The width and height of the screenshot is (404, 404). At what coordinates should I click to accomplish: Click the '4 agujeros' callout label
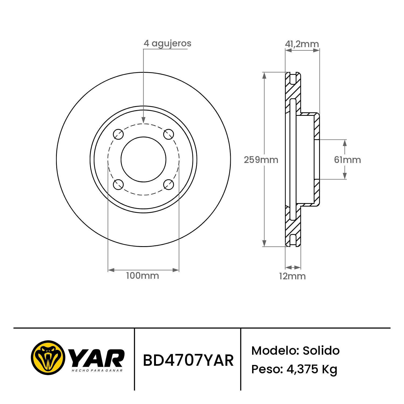(167, 43)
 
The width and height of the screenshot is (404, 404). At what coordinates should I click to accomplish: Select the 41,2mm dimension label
(302, 44)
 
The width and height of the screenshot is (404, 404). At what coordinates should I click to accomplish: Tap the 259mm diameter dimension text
(261, 160)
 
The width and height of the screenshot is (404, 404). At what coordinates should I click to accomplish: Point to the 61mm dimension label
(347, 160)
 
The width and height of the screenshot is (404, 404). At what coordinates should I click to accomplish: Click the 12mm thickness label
(292, 276)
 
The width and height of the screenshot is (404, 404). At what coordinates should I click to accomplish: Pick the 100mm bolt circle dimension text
(142, 276)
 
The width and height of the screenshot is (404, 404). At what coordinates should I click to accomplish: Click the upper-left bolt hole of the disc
(118, 134)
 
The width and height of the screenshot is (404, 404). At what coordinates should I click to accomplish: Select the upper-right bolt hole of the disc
(169, 134)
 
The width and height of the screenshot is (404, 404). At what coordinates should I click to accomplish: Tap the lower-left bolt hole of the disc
(118, 184)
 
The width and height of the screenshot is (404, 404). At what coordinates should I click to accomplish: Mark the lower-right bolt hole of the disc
(169, 184)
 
